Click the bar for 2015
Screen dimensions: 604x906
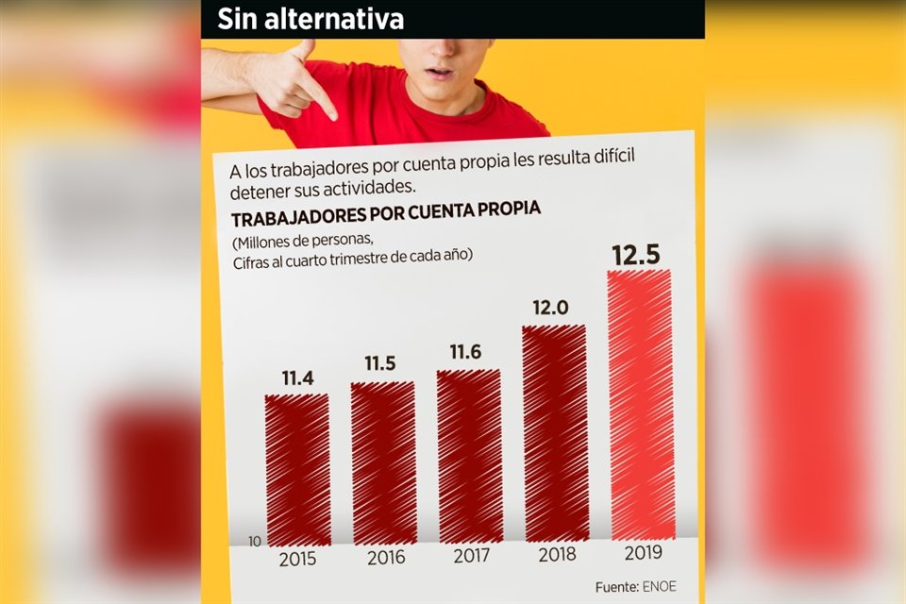298,469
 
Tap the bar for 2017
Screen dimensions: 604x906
469,456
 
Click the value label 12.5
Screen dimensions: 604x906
635,255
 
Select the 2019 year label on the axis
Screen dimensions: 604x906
644,552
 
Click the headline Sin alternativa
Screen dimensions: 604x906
310,18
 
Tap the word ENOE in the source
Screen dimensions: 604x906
661,586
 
